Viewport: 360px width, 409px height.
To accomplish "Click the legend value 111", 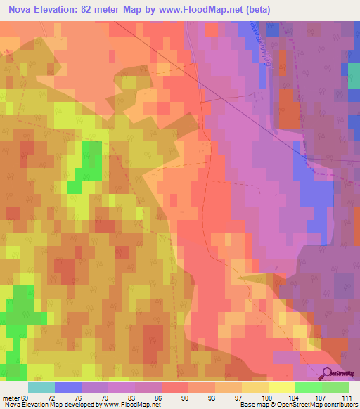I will tap(345, 398).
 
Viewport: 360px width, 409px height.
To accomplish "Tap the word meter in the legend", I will tap(11, 398).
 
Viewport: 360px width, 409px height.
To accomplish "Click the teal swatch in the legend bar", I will tap(41, 387).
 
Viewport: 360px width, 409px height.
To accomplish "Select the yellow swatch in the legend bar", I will tap(281, 387).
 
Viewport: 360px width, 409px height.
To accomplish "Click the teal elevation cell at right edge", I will tap(355, 70).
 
